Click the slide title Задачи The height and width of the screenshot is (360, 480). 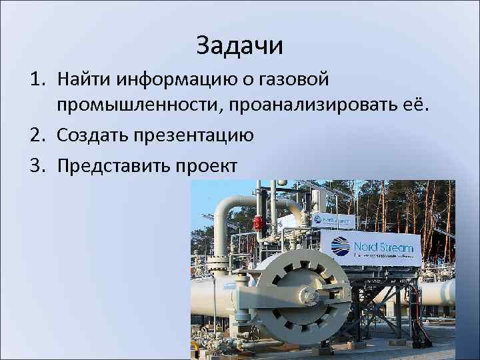tap(240, 46)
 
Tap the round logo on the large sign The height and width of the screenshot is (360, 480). tap(341, 246)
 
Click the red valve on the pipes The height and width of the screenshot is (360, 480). tap(259, 223)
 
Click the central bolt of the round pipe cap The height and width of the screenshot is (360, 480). tap(308, 295)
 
